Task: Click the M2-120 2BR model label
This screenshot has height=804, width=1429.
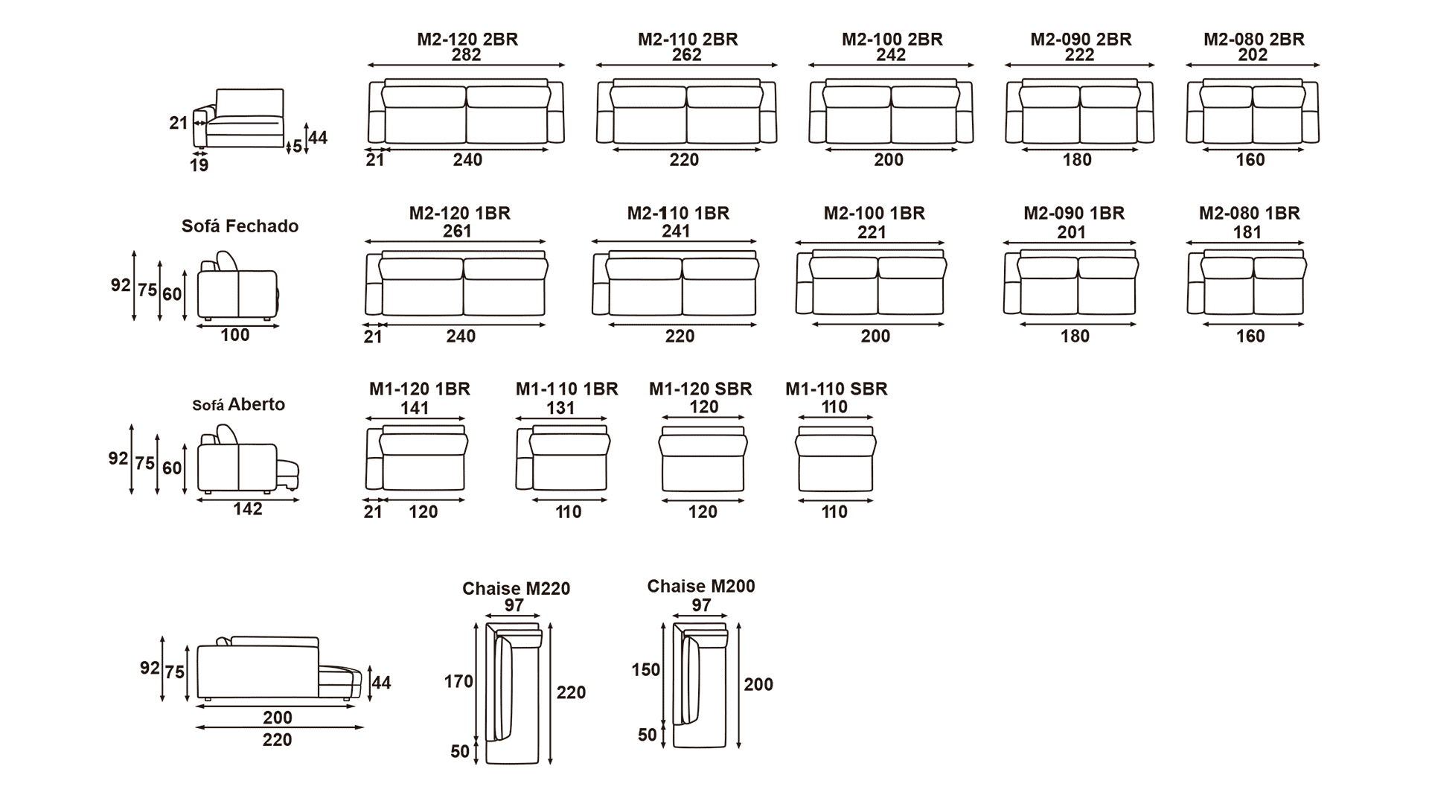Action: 467,39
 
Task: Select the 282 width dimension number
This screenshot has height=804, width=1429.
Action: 467,55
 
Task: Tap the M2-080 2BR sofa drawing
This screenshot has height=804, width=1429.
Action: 1253,111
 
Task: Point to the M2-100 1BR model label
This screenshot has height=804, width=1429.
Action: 875,214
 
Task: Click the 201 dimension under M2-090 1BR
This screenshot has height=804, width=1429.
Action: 1072,232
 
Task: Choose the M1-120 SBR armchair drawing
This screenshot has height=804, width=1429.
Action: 703,459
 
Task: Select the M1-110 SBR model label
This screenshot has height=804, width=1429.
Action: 837,389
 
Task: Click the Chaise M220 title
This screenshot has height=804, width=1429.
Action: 516,589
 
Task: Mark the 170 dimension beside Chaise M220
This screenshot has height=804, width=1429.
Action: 458,681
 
